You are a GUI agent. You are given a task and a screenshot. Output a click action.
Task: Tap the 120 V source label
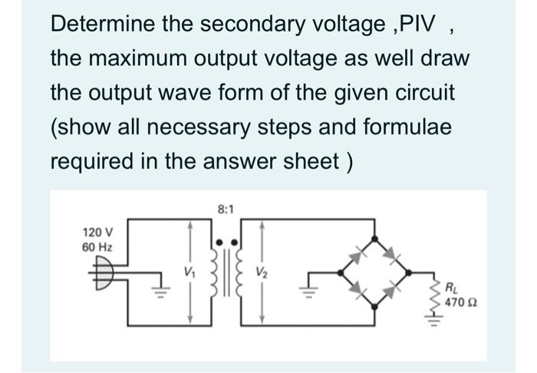coord(98,232)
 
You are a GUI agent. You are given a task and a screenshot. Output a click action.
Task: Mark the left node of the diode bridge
coord(340,272)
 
